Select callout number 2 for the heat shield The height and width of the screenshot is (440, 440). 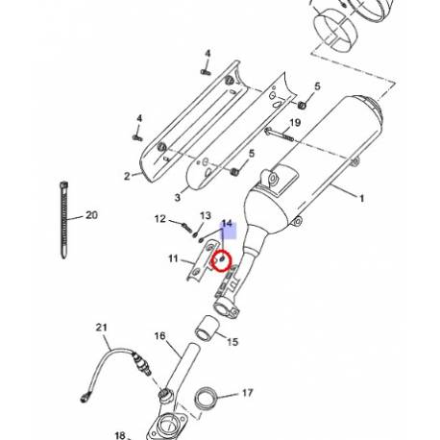(126, 177)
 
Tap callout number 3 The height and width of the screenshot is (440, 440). (177, 197)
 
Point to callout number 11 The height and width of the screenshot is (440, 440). (173, 258)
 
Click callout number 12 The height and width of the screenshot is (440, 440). (161, 220)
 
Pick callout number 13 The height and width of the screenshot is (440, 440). (205, 216)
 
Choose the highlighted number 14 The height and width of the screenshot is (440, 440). (227, 225)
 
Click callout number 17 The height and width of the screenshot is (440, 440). (247, 393)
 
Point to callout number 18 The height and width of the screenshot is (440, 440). (120, 435)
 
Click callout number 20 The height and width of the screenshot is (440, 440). (92, 215)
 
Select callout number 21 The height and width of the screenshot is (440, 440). (101, 330)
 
